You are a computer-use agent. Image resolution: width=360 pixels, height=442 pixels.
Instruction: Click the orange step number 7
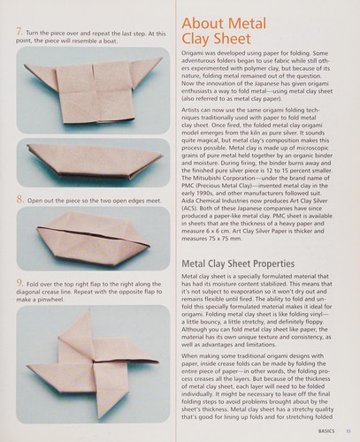coord(19,31)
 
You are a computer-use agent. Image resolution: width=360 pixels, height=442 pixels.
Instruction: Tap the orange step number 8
coord(19,200)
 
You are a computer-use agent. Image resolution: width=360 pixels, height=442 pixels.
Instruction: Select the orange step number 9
coord(19,283)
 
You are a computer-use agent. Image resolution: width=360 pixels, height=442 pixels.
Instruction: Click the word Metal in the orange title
coord(247,24)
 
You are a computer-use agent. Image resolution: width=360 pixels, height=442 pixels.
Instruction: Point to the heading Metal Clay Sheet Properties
coord(238,263)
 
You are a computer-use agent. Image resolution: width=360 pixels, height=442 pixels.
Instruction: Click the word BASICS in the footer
coord(326,431)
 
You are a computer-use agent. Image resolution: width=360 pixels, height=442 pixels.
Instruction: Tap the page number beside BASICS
coord(349,431)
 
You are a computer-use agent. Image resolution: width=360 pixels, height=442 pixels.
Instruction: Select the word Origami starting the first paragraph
coord(191,54)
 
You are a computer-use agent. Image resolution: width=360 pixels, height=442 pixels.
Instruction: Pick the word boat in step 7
coord(111,41)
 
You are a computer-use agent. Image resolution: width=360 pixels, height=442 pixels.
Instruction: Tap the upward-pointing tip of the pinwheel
coord(88,310)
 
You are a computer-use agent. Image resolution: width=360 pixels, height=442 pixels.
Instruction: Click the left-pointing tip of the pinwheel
coord(28,367)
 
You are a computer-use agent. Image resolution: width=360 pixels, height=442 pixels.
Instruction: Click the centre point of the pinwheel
coord(94,362)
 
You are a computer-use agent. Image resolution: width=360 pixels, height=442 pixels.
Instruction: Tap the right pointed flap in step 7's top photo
coord(146,71)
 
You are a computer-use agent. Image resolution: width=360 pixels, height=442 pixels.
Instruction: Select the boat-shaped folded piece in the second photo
coord(95,161)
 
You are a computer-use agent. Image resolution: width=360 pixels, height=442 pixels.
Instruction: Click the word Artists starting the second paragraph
coord(190,110)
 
